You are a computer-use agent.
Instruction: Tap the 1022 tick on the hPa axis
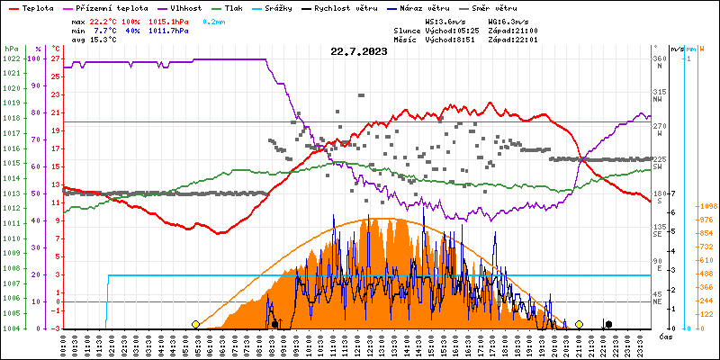tap(11, 58)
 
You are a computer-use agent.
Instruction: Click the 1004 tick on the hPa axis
tap(11, 328)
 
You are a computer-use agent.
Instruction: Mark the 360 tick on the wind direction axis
tap(659, 58)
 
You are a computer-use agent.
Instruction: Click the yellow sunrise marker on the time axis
tap(195, 324)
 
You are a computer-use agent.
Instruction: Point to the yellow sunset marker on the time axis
tap(579, 324)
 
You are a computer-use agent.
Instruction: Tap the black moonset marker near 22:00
tap(608, 324)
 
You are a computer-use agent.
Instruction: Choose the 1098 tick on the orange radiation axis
tap(706, 205)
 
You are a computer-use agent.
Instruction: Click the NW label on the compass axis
tap(659, 100)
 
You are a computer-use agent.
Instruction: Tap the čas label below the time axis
tap(665, 337)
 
